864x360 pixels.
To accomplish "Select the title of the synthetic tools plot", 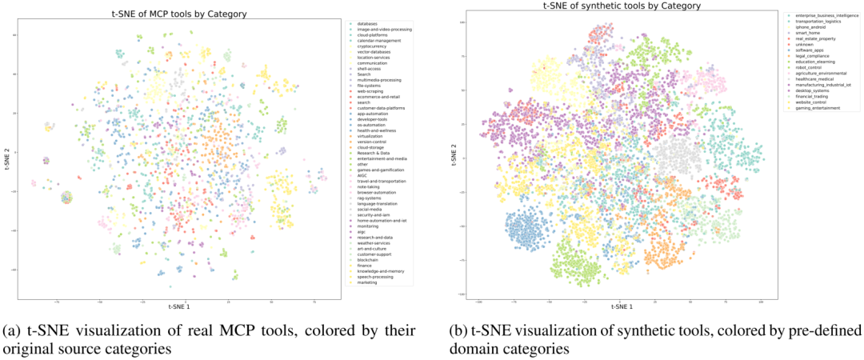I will [621, 6].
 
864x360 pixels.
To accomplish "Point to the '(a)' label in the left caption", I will [12, 331].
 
